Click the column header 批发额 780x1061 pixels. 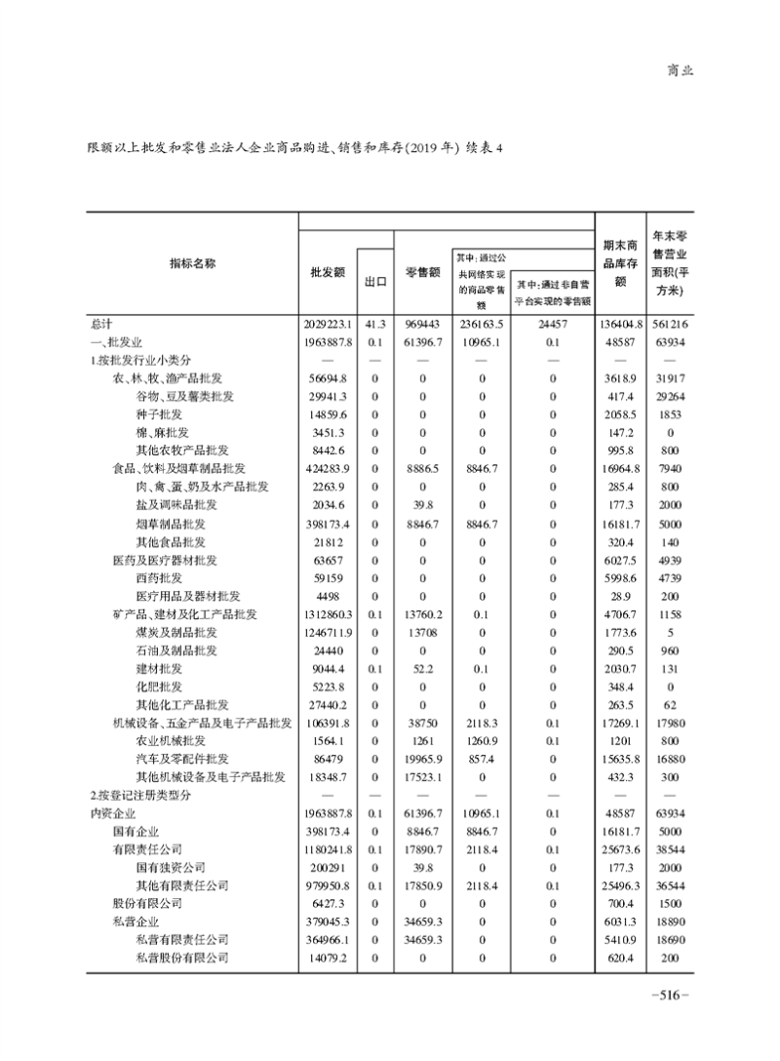327,273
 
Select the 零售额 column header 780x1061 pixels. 422,273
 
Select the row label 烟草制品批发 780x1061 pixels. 170,524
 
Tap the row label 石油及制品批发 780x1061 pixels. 176,650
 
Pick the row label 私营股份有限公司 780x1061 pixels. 182,958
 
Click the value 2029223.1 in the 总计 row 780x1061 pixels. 327,324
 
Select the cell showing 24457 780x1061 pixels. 553,324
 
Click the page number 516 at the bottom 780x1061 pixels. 669,996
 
